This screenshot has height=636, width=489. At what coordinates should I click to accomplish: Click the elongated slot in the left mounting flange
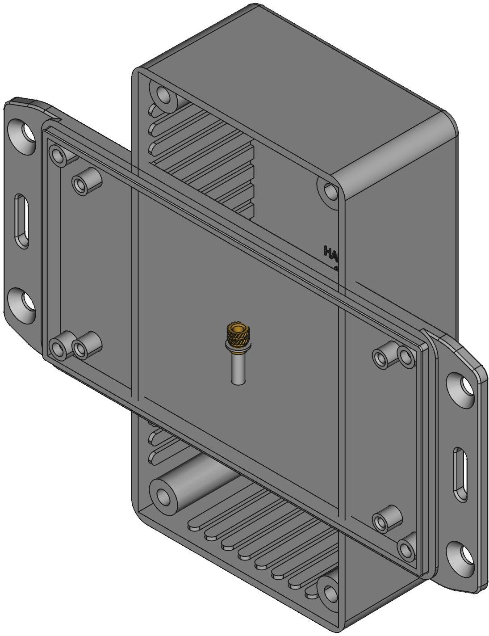pyautogui.click(x=22, y=221)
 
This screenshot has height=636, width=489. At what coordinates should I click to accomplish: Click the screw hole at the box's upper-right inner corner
pyautogui.click(x=330, y=191)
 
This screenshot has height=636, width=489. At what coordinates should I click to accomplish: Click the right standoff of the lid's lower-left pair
pyautogui.click(x=81, y=348)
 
